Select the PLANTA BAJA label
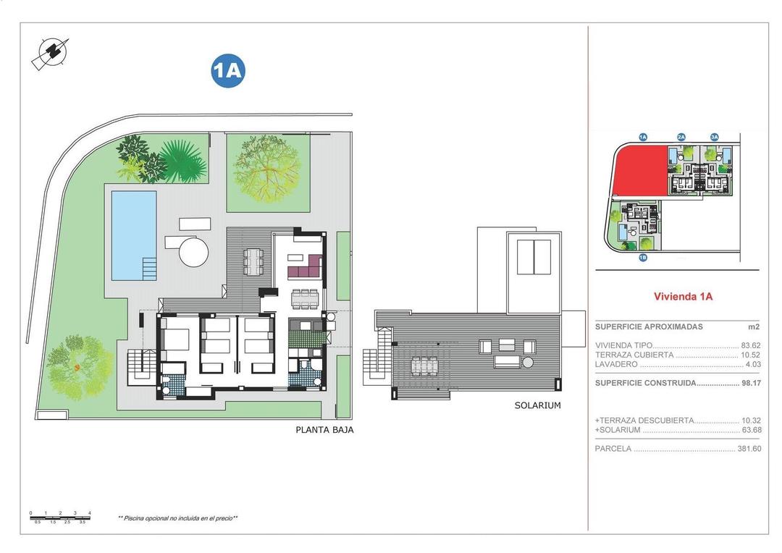pyautogui.click(x=324, y=429)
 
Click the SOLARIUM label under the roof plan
pyautogui.click(x=537, y=405)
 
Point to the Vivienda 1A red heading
pyautogui.click(x=683, y=296)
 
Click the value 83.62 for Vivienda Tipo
pyautogui.click(x=750, y=345)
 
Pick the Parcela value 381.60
pyautogui.click(x=747, y=449)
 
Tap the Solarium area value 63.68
pyautogui.click(x=750, y=430)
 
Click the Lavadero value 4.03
pyautogui.click(x=752, y=364)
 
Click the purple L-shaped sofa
pyautogui.click(x=305, y=269)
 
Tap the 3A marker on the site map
pyautogui.click(x=714, y=137)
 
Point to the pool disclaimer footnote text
pyautogui.click(x=177, y=518)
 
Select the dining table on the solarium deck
pyautogui.click(x=424, y=366)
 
